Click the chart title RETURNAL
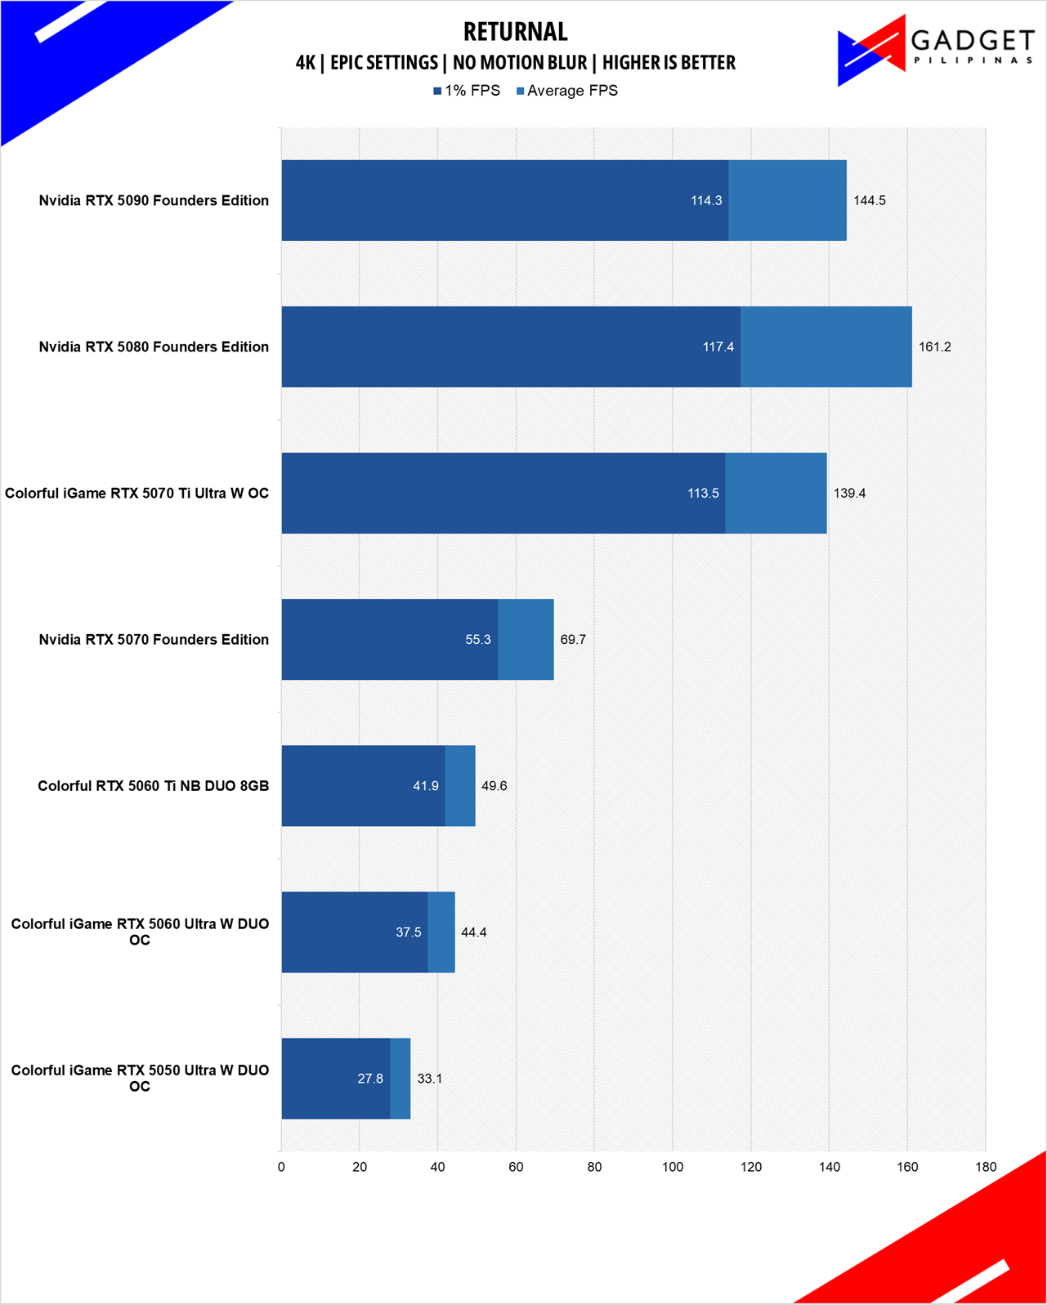click(515, 32)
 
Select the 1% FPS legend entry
click(467, 91)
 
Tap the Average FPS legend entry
click(566, 91)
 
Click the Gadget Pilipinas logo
click(935, 51)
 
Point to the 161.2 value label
click(934, 347)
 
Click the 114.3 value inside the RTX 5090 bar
click(706, 201)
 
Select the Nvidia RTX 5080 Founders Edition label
click(154, 347)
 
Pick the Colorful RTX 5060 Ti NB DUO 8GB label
click(153, 786)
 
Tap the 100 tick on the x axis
click(673, 1167)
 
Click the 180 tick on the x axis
click(986, 1167)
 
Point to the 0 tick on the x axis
click(281, 1167)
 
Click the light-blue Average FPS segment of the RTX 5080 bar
click(826, 347)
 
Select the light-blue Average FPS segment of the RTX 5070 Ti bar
click(776, 494)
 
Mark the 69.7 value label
click(573, 640)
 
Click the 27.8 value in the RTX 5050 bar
click(370, 1079)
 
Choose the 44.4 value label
click(474, 932)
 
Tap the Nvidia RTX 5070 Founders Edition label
click(154, 640)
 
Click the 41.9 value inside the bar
click(426, 786)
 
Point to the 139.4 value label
click(849, 494)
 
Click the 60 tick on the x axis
click(516, 1167)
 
